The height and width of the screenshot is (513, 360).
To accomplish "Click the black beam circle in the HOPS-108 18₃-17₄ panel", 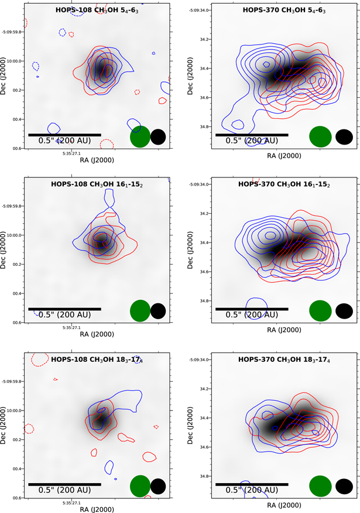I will pyautogui.click(x=158, y=485).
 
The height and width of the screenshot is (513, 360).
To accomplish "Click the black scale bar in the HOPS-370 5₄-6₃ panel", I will pyautogui.click(x=252, y=135).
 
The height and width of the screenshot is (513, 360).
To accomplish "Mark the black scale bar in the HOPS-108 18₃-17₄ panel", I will pyautogui.click(x=64, y=484).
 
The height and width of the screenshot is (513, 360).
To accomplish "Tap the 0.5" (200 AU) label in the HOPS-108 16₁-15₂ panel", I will pyautogui.click(x=64, y=314).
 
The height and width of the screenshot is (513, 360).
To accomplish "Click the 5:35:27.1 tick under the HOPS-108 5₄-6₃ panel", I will pyautogui.click(x=71, y=153).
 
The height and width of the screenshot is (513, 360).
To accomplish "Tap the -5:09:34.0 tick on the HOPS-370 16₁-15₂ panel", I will pyautogui.click(x=200, y=184).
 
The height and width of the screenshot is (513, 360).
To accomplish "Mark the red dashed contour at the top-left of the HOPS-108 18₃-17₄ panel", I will pyautogui.click(x=40, y=357).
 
